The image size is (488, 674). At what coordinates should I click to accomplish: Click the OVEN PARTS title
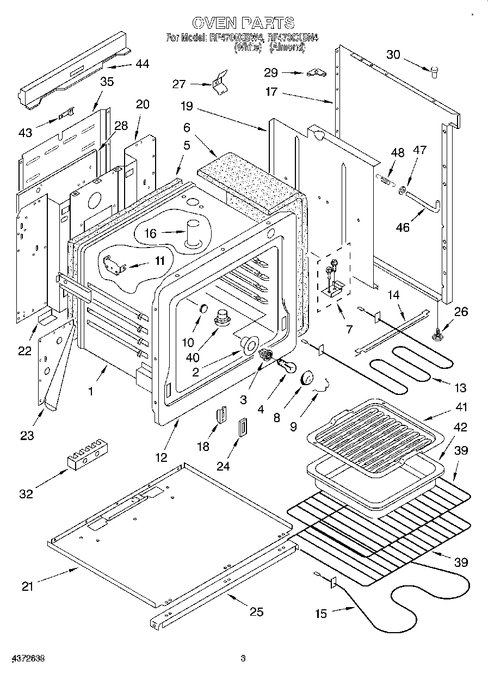click(x=243, y=23)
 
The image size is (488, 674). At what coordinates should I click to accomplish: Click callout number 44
click(x=142, y=64)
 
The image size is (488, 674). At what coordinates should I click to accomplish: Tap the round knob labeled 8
click(x=308, y=376)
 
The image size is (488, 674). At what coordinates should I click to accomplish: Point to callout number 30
click(x=393, y=54)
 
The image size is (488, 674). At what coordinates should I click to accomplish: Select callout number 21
click(x=27, y=586)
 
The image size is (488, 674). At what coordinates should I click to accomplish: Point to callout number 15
click(x=321, y=614)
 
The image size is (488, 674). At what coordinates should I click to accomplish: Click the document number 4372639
click(x=22, y=659)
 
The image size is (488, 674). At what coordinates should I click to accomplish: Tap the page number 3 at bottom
click(x=243, y=659)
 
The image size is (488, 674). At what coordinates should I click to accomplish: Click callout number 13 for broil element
click(x=460, y=388)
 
